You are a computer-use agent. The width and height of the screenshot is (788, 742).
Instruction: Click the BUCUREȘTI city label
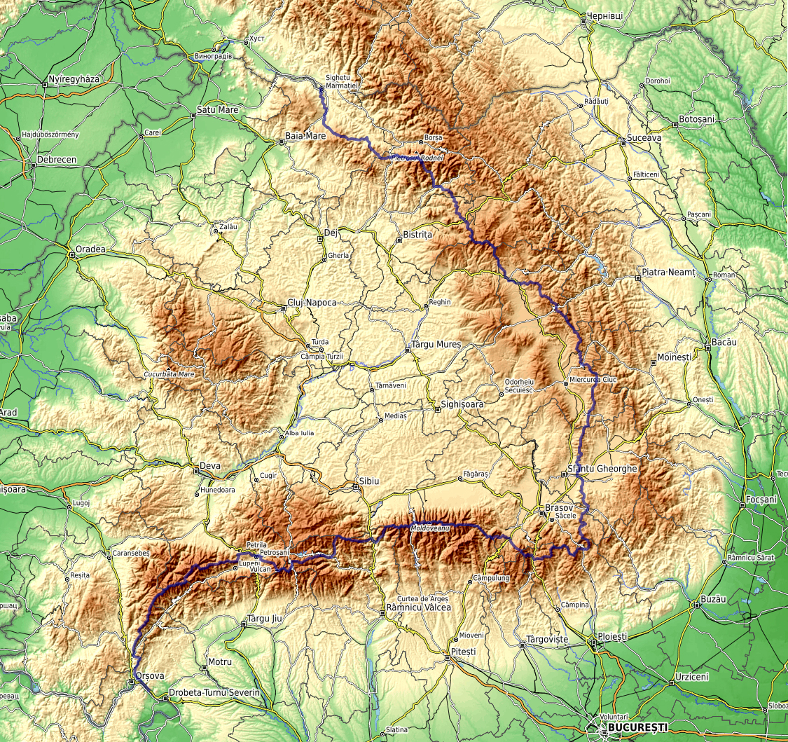point(637,728)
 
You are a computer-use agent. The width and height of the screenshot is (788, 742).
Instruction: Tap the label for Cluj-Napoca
point(312,303)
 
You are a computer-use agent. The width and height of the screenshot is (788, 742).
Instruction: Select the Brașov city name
point(559,507)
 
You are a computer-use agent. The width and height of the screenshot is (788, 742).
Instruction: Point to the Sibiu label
point(368,483)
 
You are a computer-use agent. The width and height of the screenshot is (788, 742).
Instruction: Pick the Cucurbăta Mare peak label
point(169,374)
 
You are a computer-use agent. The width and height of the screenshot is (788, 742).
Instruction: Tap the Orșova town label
point(150,676)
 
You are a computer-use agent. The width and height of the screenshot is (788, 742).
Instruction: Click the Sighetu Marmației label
point(342,81)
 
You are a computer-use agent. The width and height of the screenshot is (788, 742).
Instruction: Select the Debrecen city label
point(57,160)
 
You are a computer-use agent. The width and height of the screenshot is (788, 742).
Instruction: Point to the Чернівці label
point(606,15)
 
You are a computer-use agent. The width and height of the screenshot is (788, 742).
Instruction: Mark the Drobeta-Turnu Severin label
point(214,692)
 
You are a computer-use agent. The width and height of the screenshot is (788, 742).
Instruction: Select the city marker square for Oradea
point(71,254)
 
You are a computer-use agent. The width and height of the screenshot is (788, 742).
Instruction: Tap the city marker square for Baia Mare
point(282,142)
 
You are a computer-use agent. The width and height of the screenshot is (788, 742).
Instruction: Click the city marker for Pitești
point(448,658)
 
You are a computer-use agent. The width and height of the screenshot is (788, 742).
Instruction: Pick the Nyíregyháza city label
point(75,79)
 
